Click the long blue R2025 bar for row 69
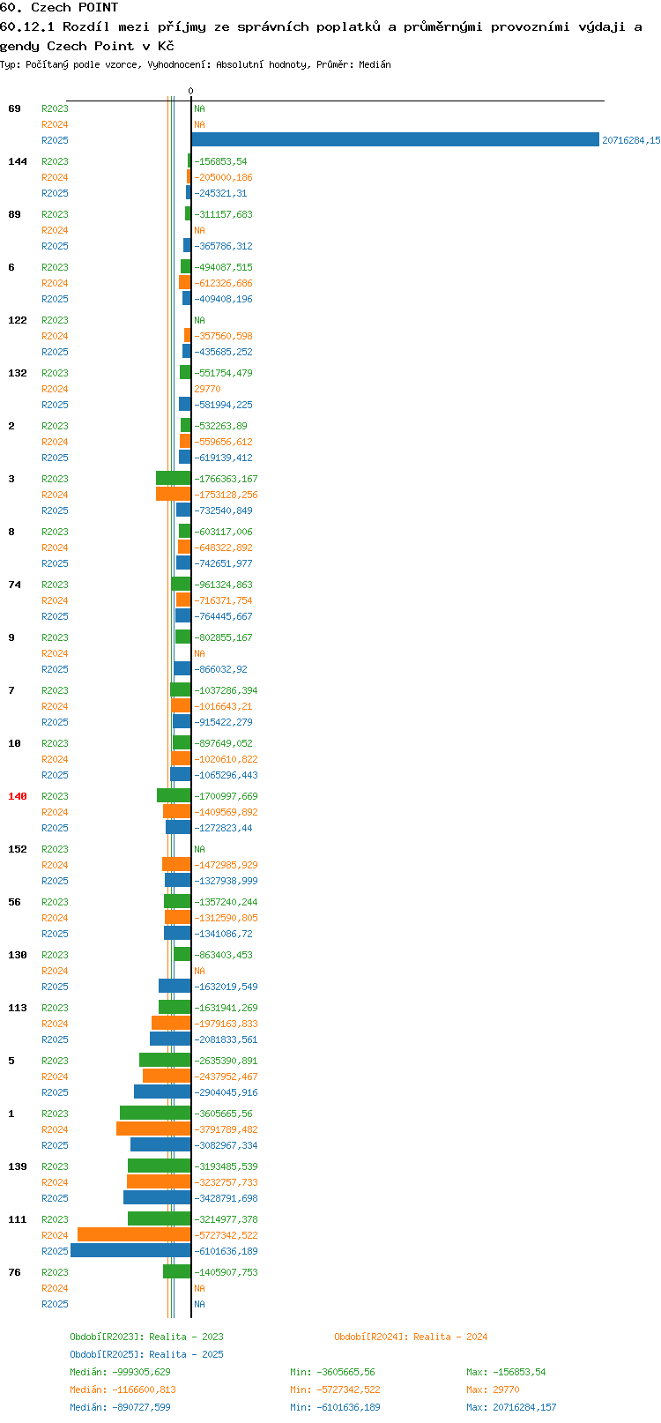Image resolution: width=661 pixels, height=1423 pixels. [x=395, y=140]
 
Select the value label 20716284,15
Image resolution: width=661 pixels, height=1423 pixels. [x=631, y=140]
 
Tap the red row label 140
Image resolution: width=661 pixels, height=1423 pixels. [x=17, y=796]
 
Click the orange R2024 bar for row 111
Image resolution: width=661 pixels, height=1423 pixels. [x=134, y=1235]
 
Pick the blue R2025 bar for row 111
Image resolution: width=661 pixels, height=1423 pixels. [x=130, y=1251]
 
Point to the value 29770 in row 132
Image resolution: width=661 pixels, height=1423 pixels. [x=207, y=389]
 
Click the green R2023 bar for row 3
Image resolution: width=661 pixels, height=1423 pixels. [x=174, y=479]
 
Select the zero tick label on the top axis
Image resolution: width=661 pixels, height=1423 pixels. [x=190, y=91]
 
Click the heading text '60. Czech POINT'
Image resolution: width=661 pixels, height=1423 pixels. [x=59, y=8]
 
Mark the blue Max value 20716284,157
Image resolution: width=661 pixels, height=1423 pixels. [x=524, y=1407]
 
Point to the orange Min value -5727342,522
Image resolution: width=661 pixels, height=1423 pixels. [x=349, y=1390]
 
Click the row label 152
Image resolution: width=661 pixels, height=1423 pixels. [x=17, y=849]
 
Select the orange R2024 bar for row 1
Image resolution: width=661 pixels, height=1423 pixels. [x=153, y=1129]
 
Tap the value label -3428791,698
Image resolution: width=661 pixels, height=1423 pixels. [x=226, y=1198]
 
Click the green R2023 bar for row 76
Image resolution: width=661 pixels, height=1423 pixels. [x=177, y=1271]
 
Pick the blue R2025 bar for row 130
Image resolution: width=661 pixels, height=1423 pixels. [x=175, y=986]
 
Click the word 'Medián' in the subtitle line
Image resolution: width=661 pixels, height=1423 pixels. [x=375, y=64]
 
